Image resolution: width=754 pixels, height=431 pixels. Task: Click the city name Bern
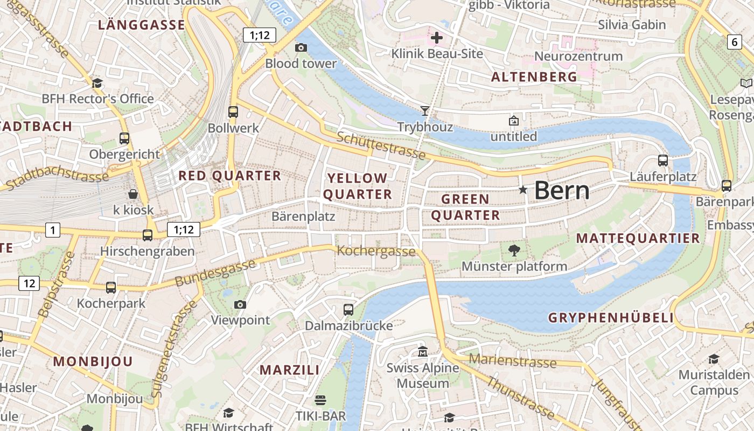point(562,190)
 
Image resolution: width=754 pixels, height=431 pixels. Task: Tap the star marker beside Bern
point(522,190)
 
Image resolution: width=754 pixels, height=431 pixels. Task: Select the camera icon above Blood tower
point(301,48)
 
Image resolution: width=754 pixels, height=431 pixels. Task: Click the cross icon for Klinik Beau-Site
point(437,38)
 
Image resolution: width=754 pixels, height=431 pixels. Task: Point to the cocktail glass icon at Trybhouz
point(425,111)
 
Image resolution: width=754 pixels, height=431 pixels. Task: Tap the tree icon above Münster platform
point(514,249)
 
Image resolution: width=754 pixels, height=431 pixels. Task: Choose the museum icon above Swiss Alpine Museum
point(423,352)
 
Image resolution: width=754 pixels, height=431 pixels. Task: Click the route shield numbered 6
point(735,42)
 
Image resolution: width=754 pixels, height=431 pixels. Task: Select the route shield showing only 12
point(29,283)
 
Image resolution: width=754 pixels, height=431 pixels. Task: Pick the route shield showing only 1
point(52,230)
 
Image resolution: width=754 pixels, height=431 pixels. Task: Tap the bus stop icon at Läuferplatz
point(663,161)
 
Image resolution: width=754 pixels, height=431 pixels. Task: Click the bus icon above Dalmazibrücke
point(348,310)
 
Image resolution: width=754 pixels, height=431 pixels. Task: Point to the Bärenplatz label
point(303,217)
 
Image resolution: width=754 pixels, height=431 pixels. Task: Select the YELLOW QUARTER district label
point(358,186)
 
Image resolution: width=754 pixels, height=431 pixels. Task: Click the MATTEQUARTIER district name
point(638,238)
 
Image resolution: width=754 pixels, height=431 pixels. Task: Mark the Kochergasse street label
point(376,251)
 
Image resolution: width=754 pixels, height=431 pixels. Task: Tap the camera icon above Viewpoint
point(240,305)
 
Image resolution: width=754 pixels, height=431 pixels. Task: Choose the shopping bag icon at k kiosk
point(133,194)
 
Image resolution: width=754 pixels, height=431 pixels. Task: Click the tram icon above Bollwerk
point(233,112)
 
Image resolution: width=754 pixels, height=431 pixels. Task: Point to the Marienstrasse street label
point(512,360)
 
